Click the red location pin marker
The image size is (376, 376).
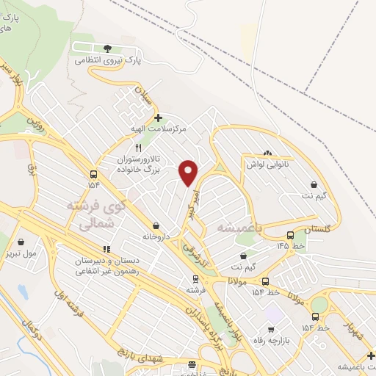pyautogui.click(x=189, y=173)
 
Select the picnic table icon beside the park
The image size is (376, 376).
pyautogui.click(x=79, y=48)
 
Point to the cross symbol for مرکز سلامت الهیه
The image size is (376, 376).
pyautogui.click(x=158, y=117)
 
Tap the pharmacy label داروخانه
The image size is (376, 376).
pyautogui.click(x=156, y=237)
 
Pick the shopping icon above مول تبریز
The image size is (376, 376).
pyautogui.click(x=21, y=241)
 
